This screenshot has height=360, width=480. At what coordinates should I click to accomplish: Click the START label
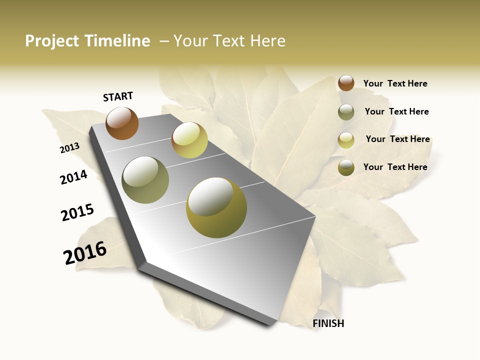point(118,96)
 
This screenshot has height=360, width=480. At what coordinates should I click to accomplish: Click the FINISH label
point(328,323)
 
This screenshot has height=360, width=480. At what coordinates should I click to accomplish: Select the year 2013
point(69,148)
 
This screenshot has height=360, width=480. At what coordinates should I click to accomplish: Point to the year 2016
point(85,253)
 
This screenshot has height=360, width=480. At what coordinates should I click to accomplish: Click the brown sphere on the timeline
point(122,123)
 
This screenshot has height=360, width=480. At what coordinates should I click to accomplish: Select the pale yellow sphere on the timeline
point(189,140)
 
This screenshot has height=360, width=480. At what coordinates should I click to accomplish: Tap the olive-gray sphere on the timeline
point(145,180)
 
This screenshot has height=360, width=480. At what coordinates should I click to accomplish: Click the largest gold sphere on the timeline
point(216,207)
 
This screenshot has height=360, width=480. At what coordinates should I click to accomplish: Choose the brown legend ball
point(346,83)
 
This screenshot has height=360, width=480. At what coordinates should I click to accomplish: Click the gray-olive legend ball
point(346,112)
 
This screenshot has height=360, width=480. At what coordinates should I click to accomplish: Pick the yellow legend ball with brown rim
point(346,140)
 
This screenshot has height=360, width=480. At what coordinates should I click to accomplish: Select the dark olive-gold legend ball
point(346,168)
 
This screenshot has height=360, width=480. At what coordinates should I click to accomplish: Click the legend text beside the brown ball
point(395,83)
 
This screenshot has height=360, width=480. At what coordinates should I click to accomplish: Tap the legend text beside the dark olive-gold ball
point(395,167)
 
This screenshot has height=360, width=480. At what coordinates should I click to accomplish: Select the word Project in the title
point(52,41)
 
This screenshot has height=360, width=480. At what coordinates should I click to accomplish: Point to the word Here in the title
point(267,41)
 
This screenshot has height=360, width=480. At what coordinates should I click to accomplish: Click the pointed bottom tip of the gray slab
point(272,325)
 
